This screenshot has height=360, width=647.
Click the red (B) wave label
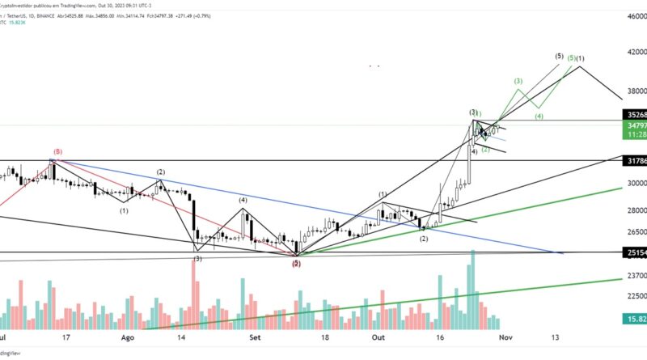pyautogui.click(x=57, y=151)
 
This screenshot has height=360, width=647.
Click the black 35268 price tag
pyautogui.click(x=634, y=116)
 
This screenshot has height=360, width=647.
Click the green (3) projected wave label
pyautogui.click(x=518, y=81)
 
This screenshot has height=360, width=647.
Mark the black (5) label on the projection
pyautogui.click(x=560, y=56)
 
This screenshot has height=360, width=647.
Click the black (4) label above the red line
pyautogui.click(x=242, y=199)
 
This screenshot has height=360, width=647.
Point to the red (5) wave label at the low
pyautogui.click(x=297, y=263)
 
